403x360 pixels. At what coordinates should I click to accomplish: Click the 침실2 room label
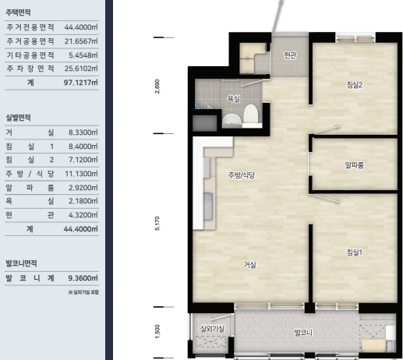pyautogui.click(x=355, y=85)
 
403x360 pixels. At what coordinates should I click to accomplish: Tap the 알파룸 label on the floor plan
pyautogui.click(x=355, y=165)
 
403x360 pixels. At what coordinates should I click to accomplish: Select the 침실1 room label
pyautogui.click(x=355, y=252)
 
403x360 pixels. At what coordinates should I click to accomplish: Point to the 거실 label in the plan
pyautogui.click(x=250, y=265)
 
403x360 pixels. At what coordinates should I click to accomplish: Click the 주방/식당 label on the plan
pyautogui.click(x=242, y=175)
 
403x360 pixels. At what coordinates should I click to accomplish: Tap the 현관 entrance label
pyautogui.click(x=290, y=55)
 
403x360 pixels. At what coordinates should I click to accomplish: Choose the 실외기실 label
pyautogui.click(x=212, y=329)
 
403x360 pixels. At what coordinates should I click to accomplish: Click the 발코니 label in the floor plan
pyautogui.click(x=303, y=333)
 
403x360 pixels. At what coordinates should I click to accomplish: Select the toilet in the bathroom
pyautogui.click(x=251, y=115)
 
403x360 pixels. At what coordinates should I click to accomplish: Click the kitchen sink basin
pyautogui.click(x=208, y=206)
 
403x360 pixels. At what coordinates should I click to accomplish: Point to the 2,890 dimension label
pyautogui.click(x=157, y=86)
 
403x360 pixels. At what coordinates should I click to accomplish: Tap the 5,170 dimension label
pyautogui.click(x=157, y=224)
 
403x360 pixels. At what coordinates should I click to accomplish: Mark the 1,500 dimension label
pyautogui.click(x=157, y=332)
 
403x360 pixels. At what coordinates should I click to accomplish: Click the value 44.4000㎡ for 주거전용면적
pyautogui.click(x=81, y=27)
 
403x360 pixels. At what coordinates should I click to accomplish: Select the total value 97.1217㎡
pyautogui.click(x=81, y=83)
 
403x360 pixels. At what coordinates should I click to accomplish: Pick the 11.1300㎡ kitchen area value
pyautogui.click(x=81, y=174)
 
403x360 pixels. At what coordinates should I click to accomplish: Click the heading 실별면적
pyautogui.click(x=18, y=118)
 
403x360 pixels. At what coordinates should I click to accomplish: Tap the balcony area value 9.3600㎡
pyautogui.click(x=83, y=278)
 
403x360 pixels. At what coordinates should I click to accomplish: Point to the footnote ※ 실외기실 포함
pyautogui.click(x=83, y=292)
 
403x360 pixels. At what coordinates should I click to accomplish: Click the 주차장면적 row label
pyautogui.click(x=30, y=69)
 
